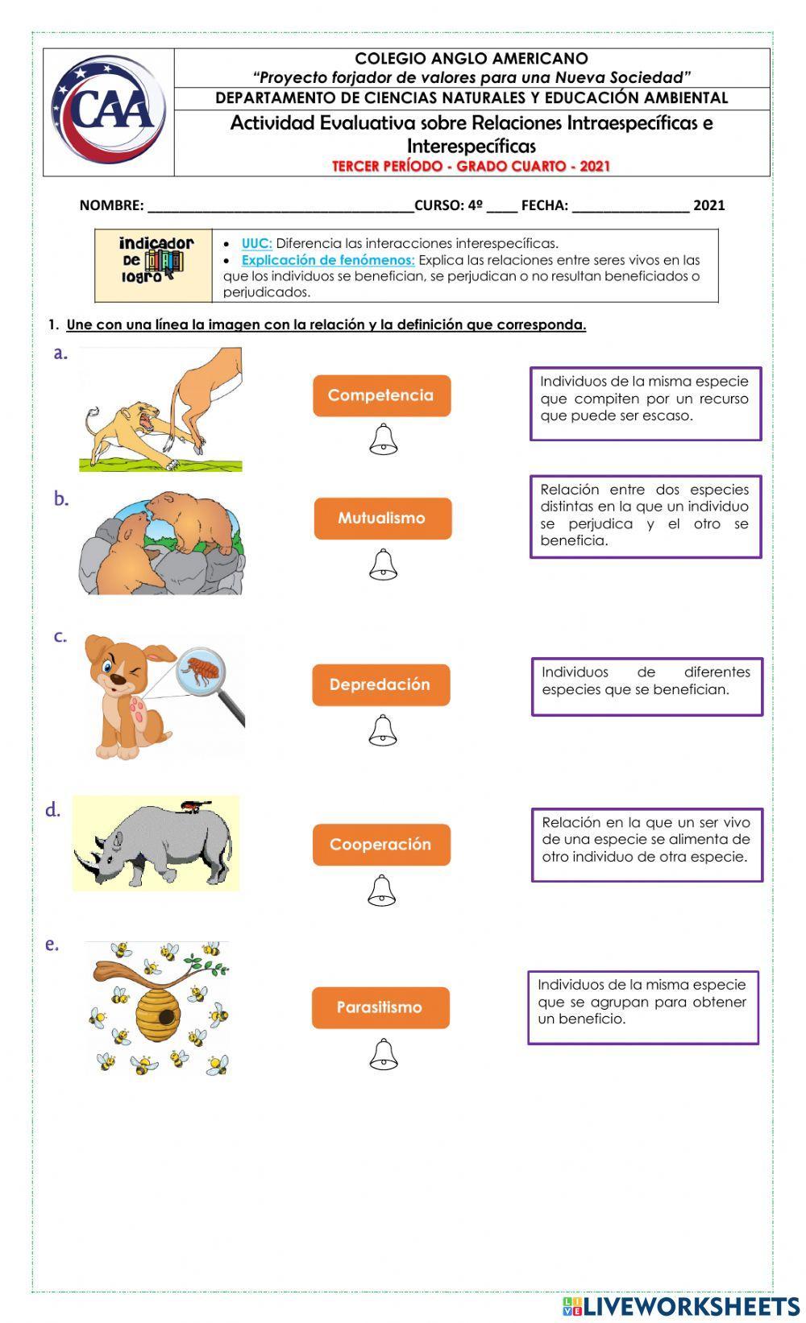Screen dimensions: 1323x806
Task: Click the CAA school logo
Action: tap(109, 110)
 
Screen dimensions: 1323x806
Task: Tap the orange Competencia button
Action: tap(381, 395)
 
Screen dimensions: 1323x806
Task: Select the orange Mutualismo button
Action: tap(382, 518)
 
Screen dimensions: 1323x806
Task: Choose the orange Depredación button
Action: tap(380, 684)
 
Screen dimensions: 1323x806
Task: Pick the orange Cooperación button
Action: tap(381, 845)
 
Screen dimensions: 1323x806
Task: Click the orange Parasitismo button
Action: tap(380, 1007)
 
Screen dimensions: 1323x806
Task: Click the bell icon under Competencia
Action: tap(383, 440)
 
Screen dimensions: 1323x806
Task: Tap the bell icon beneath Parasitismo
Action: tap(383, 1054)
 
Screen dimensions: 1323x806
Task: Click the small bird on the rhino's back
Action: tap(193, 804)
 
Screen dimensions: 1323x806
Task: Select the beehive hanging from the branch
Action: tap(158, 1013)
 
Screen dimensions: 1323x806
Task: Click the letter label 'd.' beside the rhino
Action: tap(53, 810)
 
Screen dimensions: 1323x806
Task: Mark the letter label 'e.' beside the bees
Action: tap(52, 944)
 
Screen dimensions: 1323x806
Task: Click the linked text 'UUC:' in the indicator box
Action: tap(256, 243)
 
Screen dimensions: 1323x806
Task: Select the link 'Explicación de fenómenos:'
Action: tap(327, 260)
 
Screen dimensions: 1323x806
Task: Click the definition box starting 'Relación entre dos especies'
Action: tap(645, 515)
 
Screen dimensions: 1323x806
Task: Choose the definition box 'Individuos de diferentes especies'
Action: tap(646, 686)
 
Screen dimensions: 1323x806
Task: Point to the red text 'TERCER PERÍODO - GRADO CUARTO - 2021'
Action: tap(471, 167)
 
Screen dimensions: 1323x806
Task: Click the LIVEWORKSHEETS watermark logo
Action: tap(681, 1306)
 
